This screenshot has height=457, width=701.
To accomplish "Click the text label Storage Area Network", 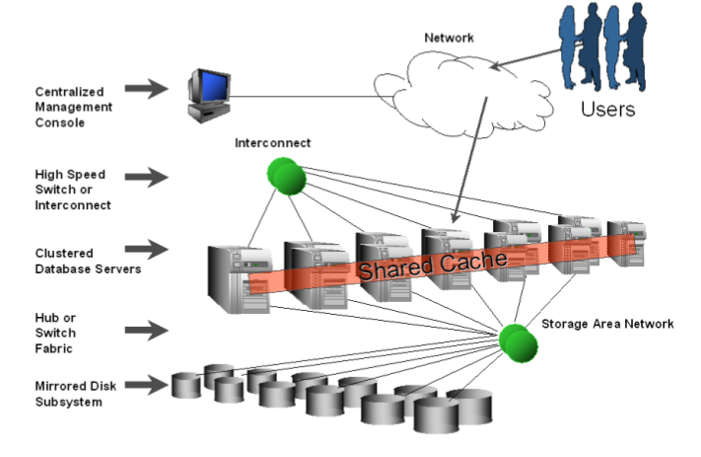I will pos(607,323).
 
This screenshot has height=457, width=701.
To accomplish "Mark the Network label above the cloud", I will pos(449,38).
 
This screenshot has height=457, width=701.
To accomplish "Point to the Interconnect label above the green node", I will pos(272,143).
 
